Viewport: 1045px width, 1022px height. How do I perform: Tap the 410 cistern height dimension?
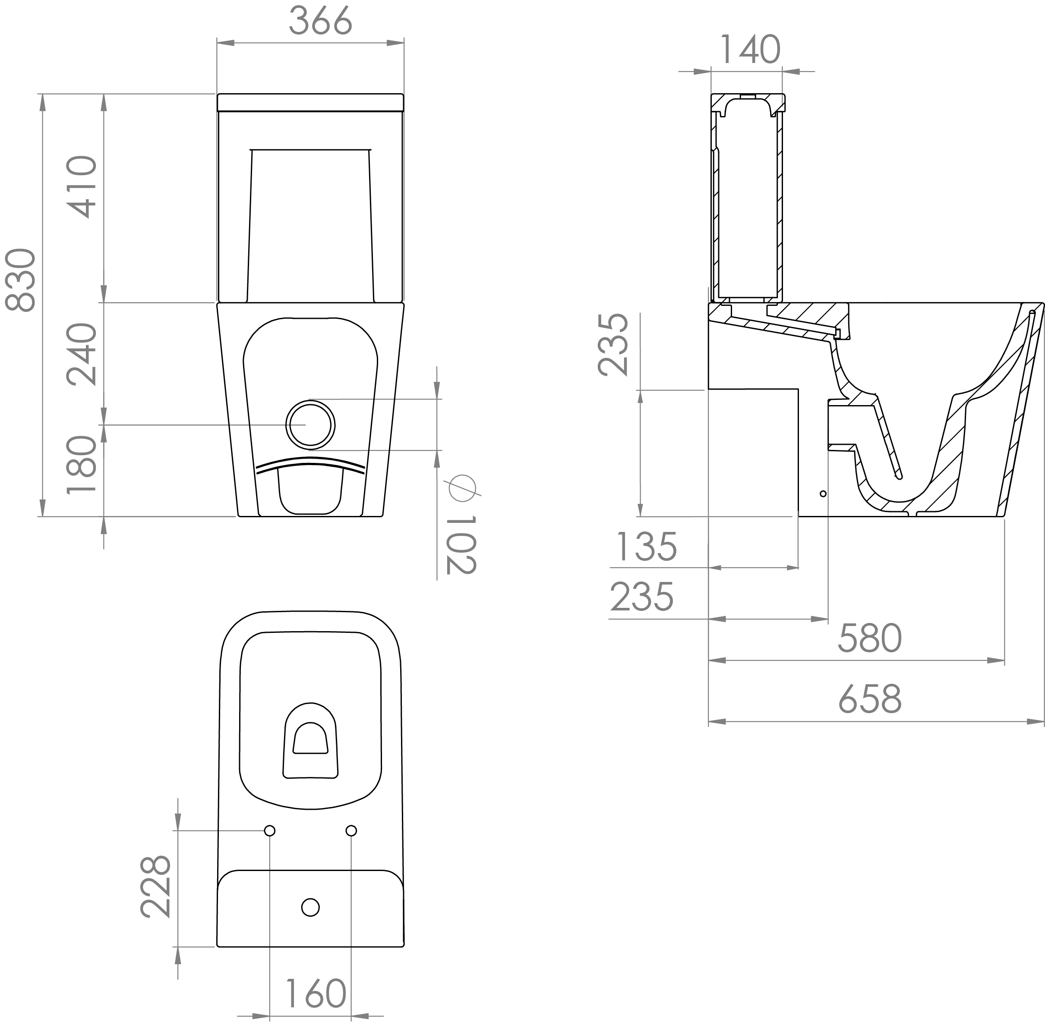pos(82,186)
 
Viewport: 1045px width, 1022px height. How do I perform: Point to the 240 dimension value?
pos(82,354)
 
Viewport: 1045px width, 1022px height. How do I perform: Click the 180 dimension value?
pos(82,464)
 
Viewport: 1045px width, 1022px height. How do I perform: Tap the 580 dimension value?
pos(870,638)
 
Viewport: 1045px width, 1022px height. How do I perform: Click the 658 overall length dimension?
pos(870,699)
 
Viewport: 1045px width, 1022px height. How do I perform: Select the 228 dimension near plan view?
pos(156,887)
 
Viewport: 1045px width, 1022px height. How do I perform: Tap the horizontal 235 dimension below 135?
pos(642,597)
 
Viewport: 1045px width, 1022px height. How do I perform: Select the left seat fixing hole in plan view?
pos(270,831)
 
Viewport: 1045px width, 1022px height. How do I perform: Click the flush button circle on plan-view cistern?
pos(310,907)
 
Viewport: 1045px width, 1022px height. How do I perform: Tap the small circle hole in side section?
pos(823,493)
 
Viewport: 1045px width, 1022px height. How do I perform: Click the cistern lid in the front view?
pos(310,102)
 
